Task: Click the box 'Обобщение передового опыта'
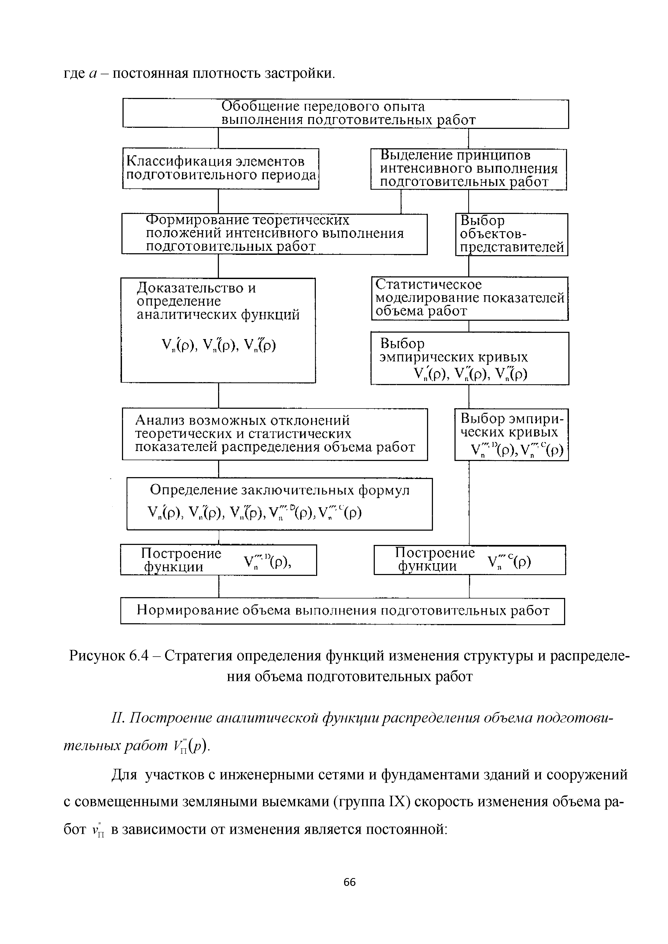(345, 114)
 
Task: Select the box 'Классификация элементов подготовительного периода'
(221, 168)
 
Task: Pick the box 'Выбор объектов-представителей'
(511, 234)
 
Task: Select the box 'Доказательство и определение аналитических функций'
(218, 330)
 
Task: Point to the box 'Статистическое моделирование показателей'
(470, 298)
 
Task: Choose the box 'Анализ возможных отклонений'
(275, 434)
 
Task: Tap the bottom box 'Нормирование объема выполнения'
(342, 611)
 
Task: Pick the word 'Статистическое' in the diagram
(429, 284)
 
